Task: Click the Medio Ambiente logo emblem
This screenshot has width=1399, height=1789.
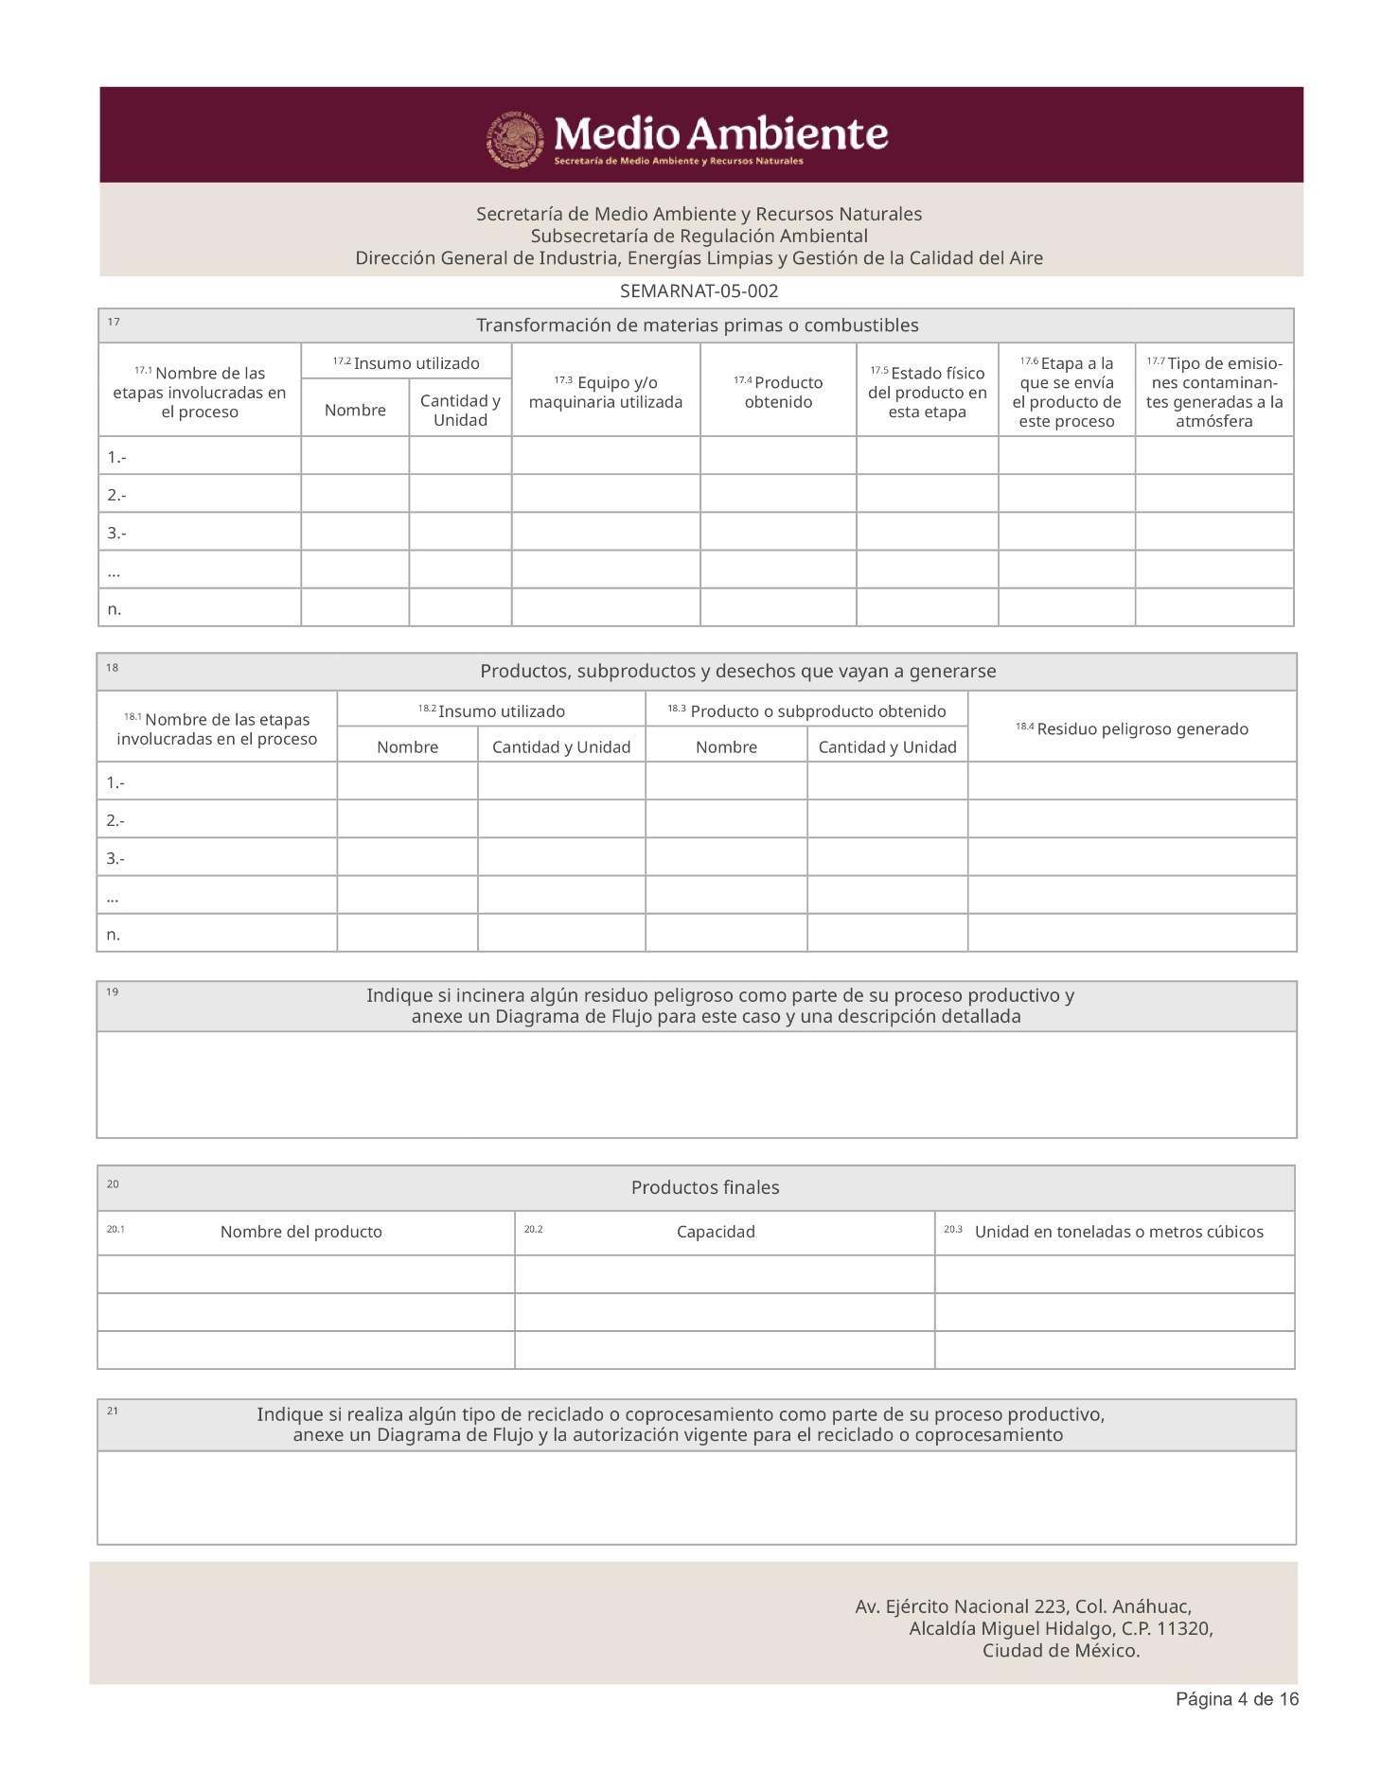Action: pyautogui.click(x=516, y=139)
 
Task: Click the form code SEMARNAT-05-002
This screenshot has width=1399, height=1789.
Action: pyautogui.click(x=699, y=291)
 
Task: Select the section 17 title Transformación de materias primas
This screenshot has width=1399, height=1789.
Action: pyautogui.click(x=697, y=325)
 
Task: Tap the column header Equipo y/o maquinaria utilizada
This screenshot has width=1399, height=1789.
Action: pyautogui.click(x=606, y=392)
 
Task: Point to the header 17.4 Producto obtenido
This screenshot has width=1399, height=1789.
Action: pyautogui.click(x=778, y=392)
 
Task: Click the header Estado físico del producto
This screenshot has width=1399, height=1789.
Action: pyautogui.click(x=927, y=392)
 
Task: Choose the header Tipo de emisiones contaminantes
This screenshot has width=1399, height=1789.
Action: pyautogui.click(x=1214, y=392)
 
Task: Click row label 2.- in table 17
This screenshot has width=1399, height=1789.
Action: pyautogui.click(x=117, y=495)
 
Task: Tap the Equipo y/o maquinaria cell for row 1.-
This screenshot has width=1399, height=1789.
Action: pyautogui.click(x=606, y=456)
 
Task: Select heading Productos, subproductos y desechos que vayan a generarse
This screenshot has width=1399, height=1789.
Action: pyautogui.click(x=737, y=672)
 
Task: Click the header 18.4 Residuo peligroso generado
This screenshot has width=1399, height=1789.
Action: pyautogui.click(x=1132, y=728)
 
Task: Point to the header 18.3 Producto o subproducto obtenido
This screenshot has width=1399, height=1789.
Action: pyautogui.click(x=806, y=711)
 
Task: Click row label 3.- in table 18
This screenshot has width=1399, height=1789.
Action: pyautogui.click(x=116, y=858)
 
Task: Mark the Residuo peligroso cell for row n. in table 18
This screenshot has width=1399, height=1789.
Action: pyautogui.click(x=1132, y=934)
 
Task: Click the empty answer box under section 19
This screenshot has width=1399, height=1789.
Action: pyautogui.click(x=697, y=1084)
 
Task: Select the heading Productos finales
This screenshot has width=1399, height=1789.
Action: pyautogui.click(x=705, y=1188)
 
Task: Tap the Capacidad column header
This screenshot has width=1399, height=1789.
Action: pyautogui.click(x=716, y=1232)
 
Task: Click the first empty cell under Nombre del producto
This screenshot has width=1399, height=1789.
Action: pyautogui.click(x=306, y=1274)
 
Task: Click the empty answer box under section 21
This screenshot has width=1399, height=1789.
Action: pyautogui.click(x=697, y=1498)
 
